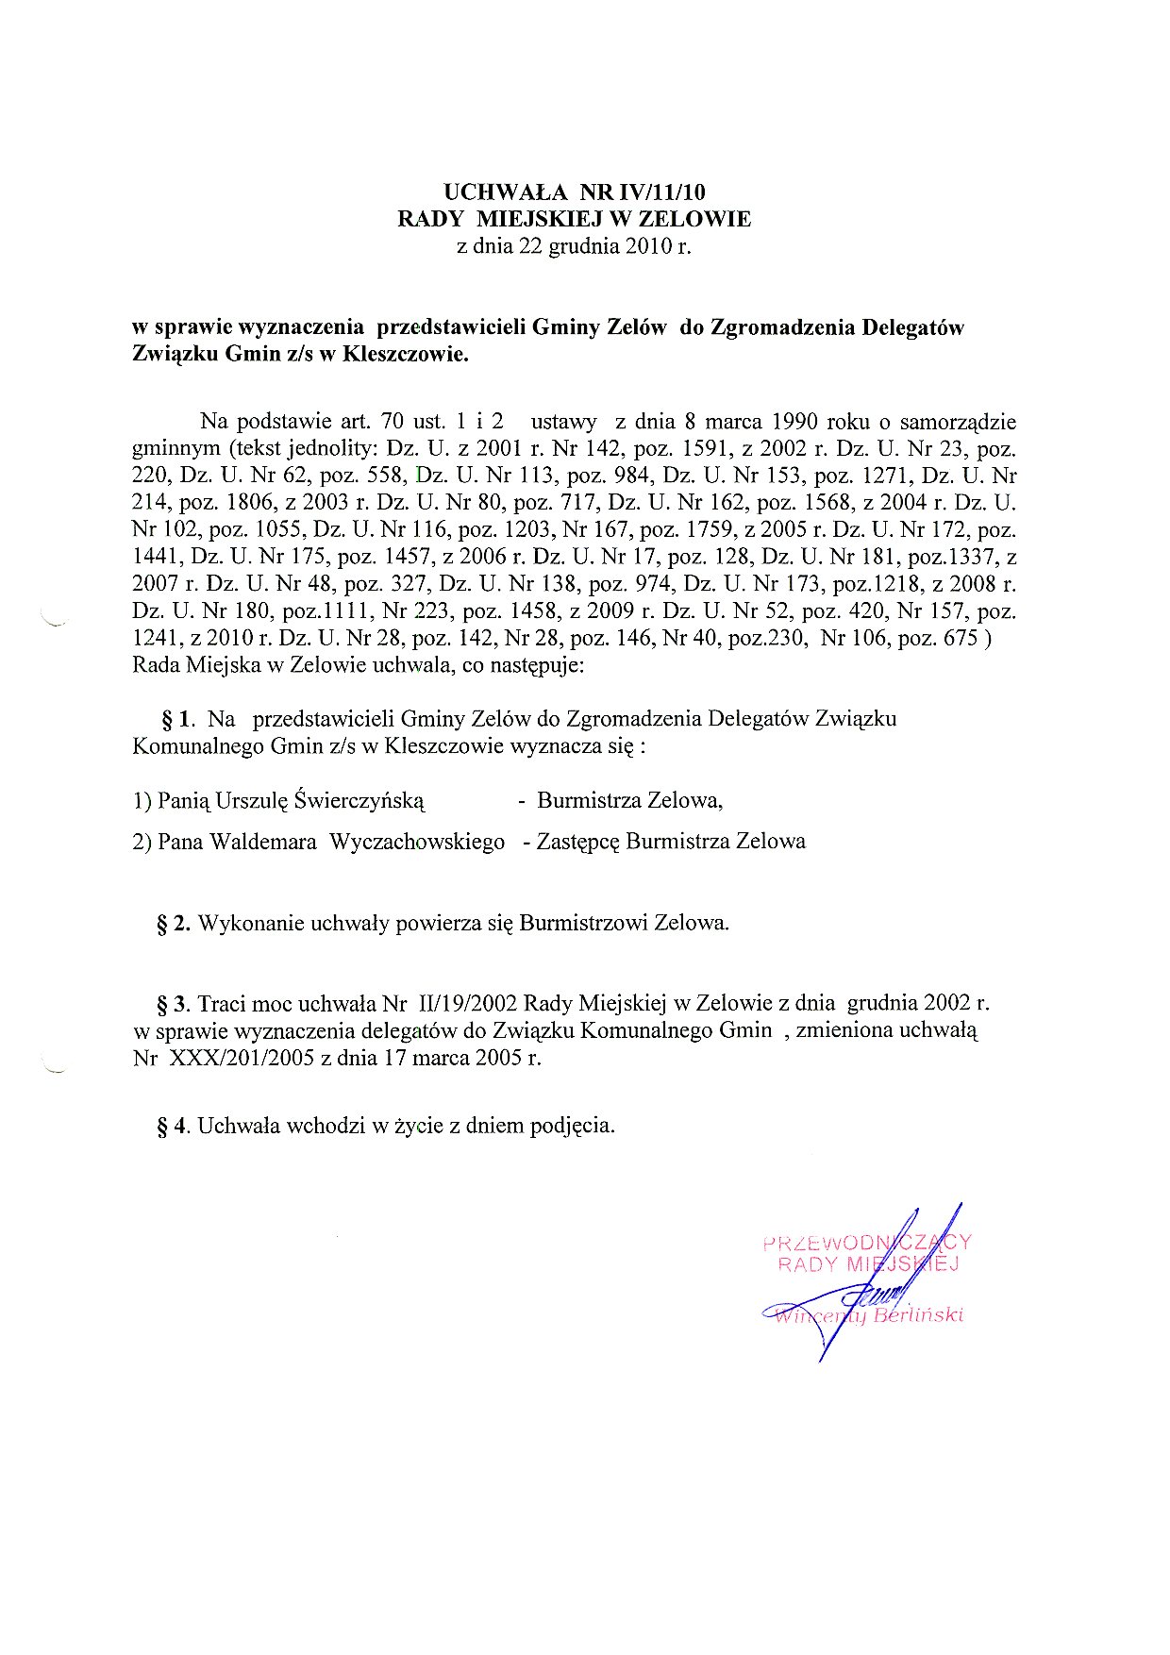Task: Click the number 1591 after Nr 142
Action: pos(705,449)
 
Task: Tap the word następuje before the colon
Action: pos(537,666)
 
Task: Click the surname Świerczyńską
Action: pos(359,802)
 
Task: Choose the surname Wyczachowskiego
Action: pos(417,842)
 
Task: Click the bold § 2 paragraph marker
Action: pos(175,924)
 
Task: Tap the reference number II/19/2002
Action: pos(464,1004)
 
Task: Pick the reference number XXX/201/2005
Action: pos(242,1059)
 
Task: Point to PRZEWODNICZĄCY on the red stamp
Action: pos(866,1243)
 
